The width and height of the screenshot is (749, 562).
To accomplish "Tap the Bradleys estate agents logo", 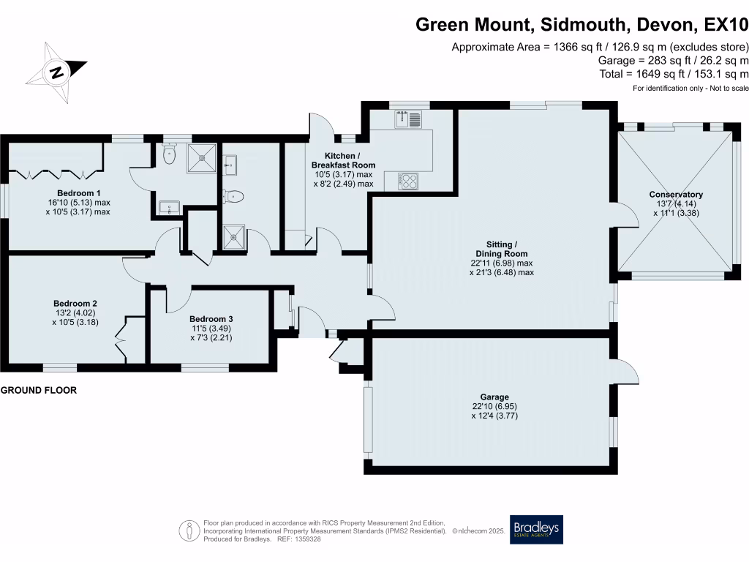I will pos(537,529).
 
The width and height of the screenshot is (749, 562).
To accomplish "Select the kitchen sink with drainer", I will pos(409,119).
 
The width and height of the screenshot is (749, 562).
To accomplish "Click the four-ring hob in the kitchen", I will pos(408,180).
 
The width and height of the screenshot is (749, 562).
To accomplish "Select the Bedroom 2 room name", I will pos(75,303).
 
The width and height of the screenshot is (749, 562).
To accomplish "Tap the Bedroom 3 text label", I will pos(211,319).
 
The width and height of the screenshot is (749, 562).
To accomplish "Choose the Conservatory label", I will pos(676,195).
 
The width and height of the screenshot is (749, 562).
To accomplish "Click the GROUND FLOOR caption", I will pos(38,391).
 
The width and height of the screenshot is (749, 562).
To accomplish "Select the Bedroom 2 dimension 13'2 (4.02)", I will pos(75,312).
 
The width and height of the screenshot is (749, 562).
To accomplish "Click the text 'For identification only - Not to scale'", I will pos(690,89).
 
